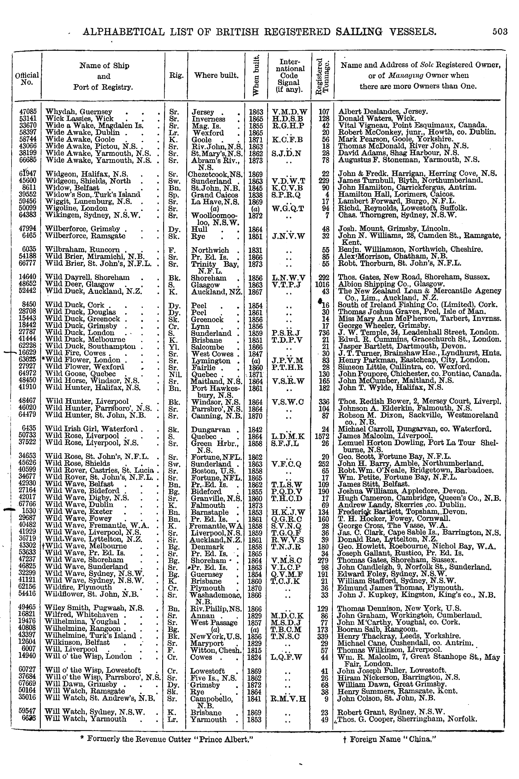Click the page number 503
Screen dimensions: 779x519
[x=499, y=31]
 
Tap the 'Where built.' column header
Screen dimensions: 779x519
[x=216, y=75]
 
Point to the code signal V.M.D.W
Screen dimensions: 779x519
[x=290, y=112]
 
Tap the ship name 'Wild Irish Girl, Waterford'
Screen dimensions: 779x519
[x=94, y=429]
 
